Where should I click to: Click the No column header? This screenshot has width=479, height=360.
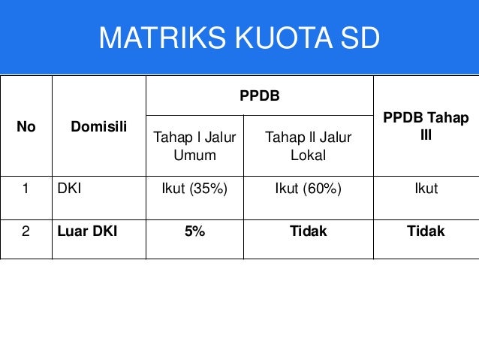click(26, 127)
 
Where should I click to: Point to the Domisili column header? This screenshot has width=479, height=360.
click(98, 127)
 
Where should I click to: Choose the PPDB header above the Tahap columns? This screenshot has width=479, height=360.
click(259, 96)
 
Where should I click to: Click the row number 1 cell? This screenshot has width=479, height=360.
click(26, 189)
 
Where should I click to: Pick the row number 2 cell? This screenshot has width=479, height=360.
click(26, 231)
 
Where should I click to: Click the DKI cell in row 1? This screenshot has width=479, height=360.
click(70, 189)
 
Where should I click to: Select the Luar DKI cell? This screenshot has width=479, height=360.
click(86, 231)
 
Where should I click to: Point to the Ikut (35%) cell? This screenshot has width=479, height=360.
click(194, 189)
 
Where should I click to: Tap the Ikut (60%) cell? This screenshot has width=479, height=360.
click(308, 189)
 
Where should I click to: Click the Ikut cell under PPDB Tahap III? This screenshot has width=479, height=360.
click(426, 189)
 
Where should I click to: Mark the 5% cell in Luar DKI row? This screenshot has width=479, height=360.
click(194, 231)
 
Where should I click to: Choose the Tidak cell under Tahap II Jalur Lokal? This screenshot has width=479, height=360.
click(308, 231)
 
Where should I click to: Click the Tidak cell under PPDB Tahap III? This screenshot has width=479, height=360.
click(426, 231)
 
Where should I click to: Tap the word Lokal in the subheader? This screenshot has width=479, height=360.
click(308, 155)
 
